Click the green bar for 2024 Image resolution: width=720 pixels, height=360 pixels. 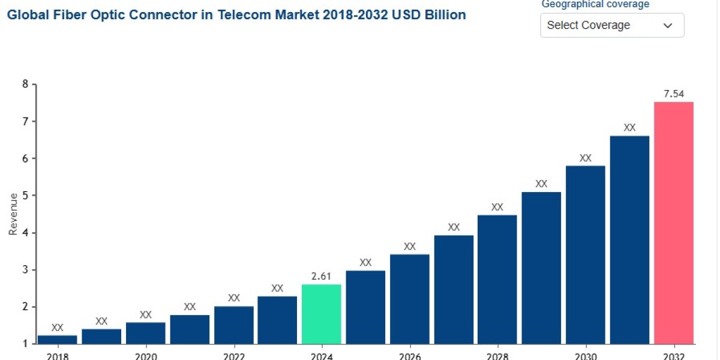pyautogui.click(x=322, y=314)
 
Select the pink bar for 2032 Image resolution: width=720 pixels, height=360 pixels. pyautogui.click(x=673, y=223)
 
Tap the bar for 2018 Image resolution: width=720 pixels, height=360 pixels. pyautogui.click(x=57, y=339)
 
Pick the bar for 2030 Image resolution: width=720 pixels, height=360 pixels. pyautogui.click(x=585, y=254)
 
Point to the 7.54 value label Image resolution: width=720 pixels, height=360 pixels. pyautogui.click(x=673, y=94)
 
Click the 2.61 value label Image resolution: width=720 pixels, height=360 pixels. pyautogui.click(x=322, y=276)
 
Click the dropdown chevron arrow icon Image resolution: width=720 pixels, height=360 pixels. pyautogui.click(x=668, y=25)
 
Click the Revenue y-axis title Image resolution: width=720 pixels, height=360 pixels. pyautogui.click(x=13, y=214)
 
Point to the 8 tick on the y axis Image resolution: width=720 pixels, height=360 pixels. pyautogui.click(x=25, y=84)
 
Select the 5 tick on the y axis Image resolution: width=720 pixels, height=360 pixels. pyautogui.click(x=25, y=196)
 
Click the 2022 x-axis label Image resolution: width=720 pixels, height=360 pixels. pyautogui.click(x=233, y=356)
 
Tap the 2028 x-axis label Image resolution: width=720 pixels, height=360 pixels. pyautogui.click(x=497, y=356)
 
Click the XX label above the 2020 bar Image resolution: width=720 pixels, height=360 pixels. pyautogui.click(x=145, y=314)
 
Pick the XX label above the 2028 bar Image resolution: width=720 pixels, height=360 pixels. pyautogui.click(x=497, y=207)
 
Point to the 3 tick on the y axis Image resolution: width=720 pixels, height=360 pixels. pyautogui.click(x=25, y=270)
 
